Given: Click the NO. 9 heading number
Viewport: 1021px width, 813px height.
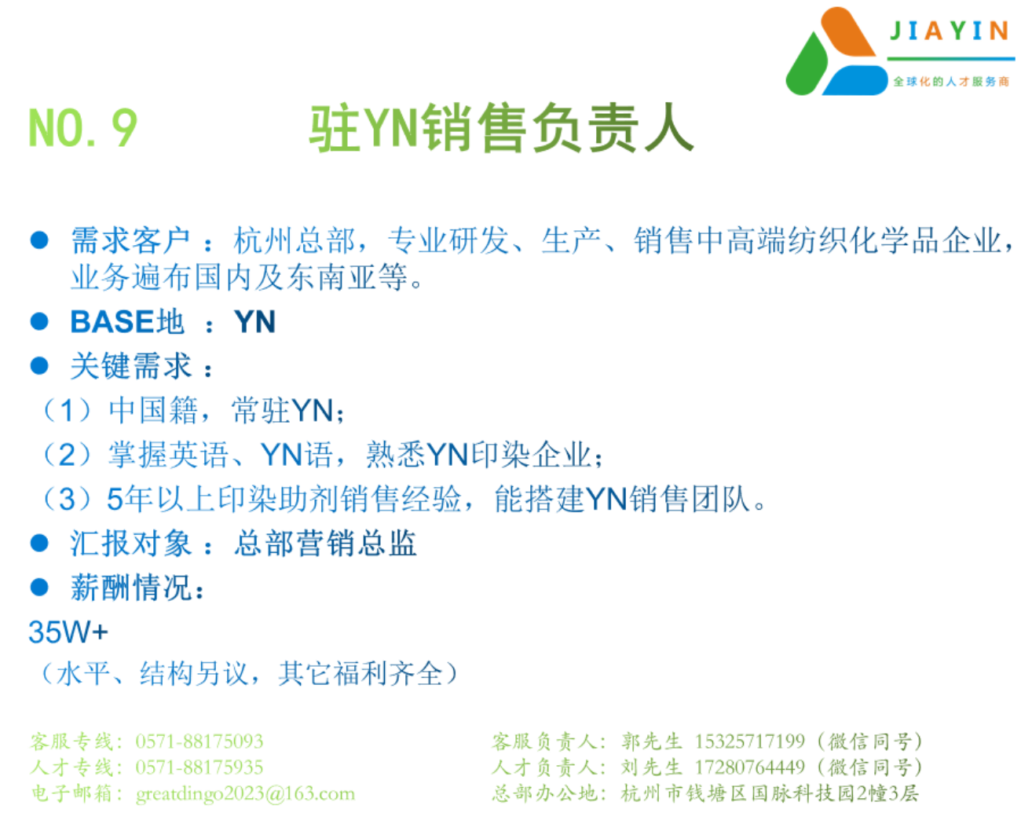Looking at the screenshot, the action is click(83, 127).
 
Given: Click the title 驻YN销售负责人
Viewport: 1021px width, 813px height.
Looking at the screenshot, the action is click(501, 127).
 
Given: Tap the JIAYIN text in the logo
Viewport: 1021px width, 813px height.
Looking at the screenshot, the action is click(950, 31).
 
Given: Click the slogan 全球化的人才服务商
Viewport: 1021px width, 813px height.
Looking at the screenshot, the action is click(951, 82).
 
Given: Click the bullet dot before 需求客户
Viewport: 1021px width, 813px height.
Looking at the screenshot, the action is click(39, 240).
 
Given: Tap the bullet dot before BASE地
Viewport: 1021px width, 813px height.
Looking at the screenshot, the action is click(39, 321).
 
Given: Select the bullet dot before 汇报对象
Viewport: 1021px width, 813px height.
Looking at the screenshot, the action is click(39, 543).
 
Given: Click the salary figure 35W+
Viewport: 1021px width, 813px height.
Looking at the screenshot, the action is click(68, 632).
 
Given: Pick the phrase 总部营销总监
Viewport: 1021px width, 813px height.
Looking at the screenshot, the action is click(325, 543).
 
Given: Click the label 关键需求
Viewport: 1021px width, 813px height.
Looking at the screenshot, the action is click(131, 366).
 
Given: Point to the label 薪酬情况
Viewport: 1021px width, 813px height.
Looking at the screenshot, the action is click(131, 588).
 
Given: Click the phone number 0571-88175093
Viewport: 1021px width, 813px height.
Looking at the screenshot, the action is click(199, 742).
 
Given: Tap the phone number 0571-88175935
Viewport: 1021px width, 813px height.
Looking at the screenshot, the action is click(199, 767).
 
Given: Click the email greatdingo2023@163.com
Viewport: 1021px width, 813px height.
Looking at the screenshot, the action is click(245, 793).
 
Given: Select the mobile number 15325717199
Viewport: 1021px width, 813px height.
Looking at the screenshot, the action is click(750, 742).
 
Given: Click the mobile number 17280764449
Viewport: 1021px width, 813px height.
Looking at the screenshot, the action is click(750, 767).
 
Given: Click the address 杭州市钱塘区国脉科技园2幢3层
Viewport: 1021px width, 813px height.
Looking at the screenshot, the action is click(770, 793).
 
